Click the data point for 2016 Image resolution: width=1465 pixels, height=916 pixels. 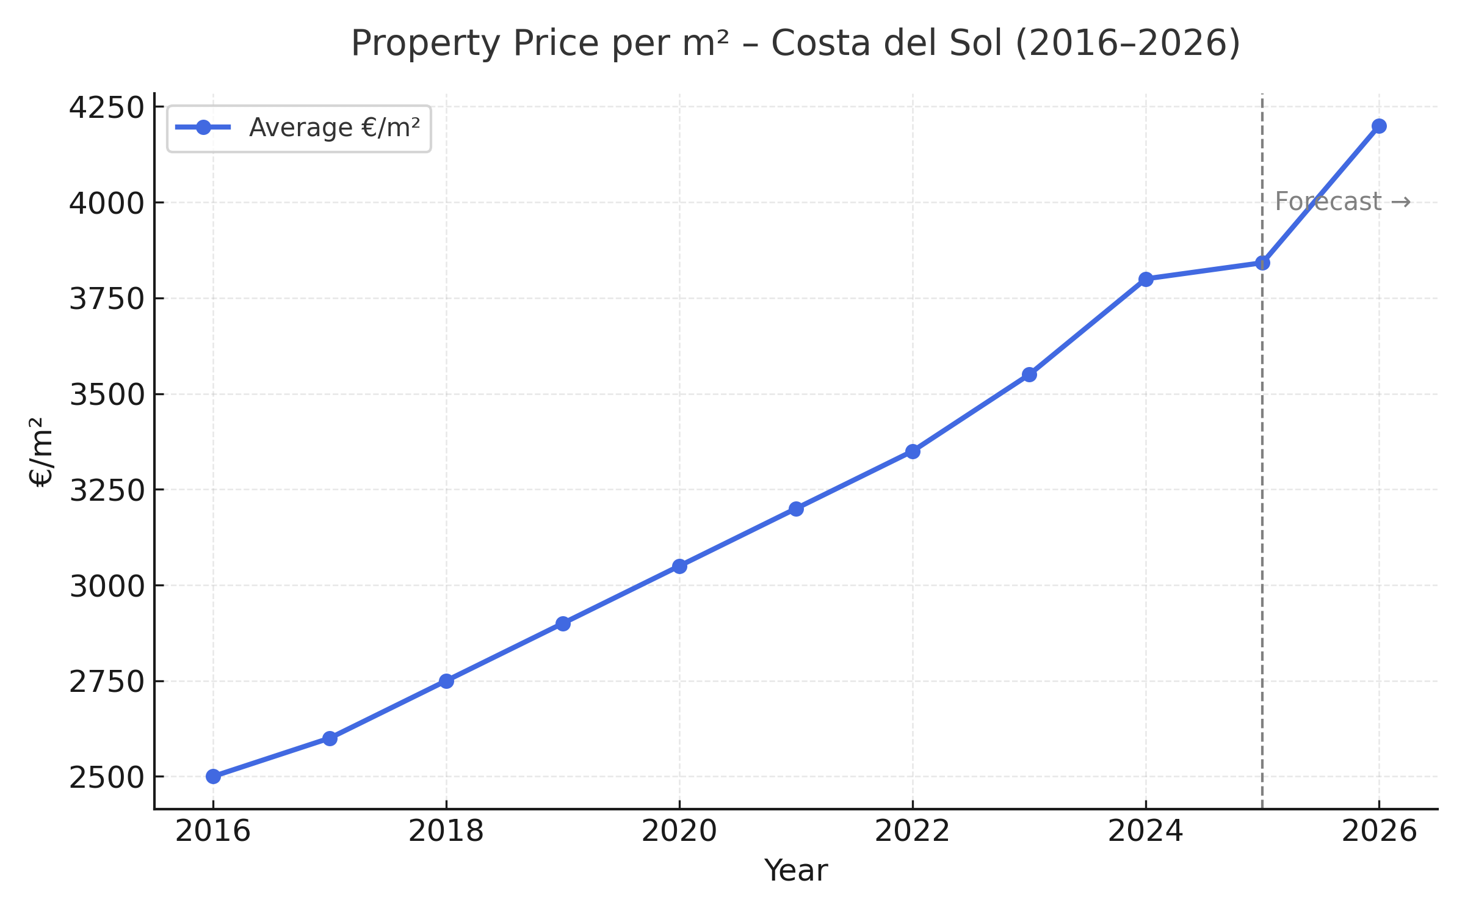(x=213, y=776)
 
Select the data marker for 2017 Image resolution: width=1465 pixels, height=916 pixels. (x=330, y=738)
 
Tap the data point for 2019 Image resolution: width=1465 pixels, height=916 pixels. (x=563, y=623)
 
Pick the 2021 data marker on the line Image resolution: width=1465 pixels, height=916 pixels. (x=796, y=509)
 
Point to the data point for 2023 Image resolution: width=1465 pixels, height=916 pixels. (x=1029, y=374)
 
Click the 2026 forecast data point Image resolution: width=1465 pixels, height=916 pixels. (x=1379, y=126)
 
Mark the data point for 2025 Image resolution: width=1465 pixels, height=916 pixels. (x=1262, y=263)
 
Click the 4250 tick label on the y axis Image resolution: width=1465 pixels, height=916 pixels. (x=106, y=108)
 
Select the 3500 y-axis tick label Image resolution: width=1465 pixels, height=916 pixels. (x=106, y=395)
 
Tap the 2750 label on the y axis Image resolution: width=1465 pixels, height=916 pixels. (x=106, y=682)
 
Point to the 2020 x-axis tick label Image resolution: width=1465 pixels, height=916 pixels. (x=679, y=832)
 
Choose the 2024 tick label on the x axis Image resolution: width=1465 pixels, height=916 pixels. (x=1145, y=832)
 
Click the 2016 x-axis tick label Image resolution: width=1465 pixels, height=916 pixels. (x=212, y=832)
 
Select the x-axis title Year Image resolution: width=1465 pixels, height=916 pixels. (x=795, y=871)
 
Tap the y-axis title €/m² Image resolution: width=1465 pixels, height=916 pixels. (x=41, y=452)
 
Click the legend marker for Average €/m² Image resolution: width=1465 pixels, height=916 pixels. (x=203, y=128)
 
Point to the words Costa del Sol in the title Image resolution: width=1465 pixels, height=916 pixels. (x=886, y=43)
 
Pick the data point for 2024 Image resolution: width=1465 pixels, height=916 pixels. (x=1146, y=279)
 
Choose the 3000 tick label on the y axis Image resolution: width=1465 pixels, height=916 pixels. (x=106, y=586)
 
